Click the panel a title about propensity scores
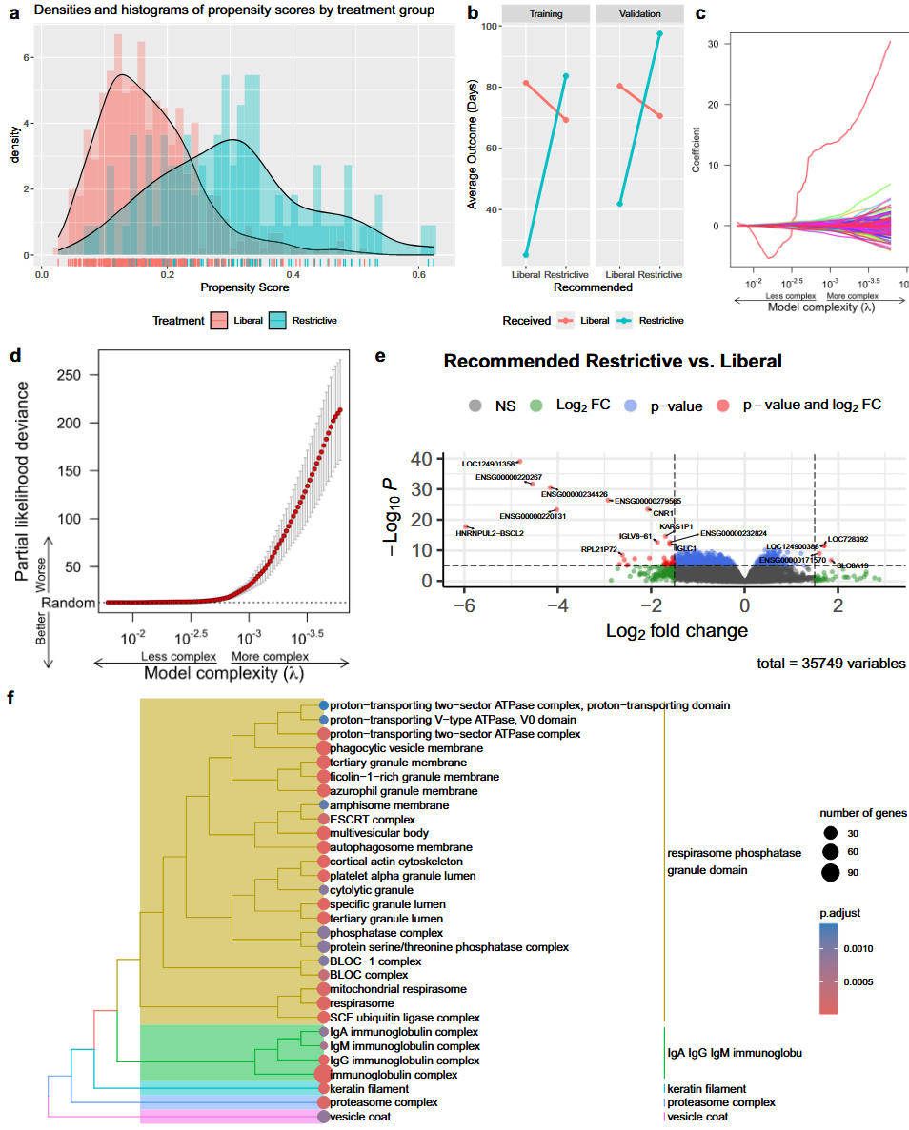(221, 10)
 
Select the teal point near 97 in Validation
(659, 33)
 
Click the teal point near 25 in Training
(526, 255)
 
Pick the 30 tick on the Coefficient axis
(703, 44)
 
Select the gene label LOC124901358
(488, 464)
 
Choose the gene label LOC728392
(848, 539)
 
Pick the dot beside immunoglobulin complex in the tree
(324, 1074)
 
